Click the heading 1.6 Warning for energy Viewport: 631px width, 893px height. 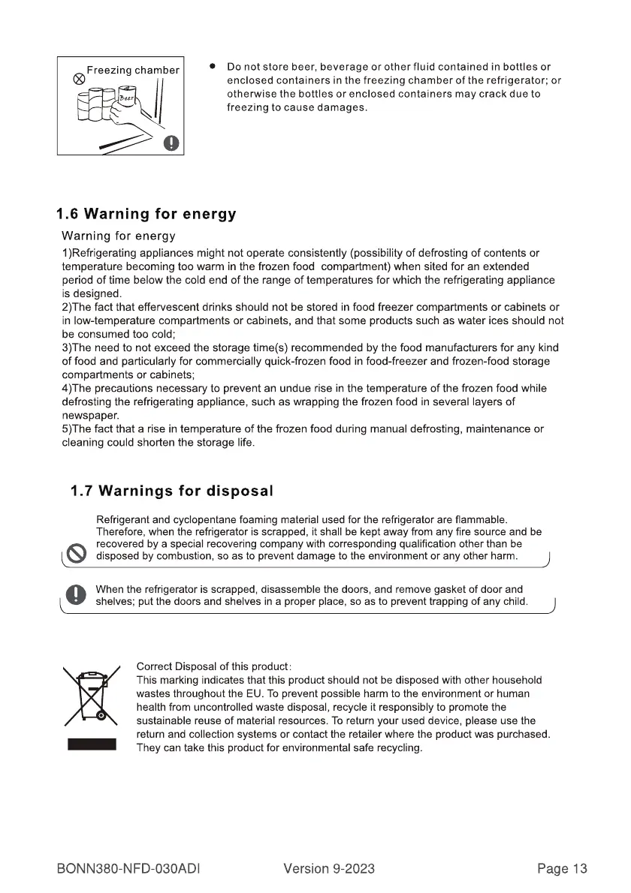click(146, 215)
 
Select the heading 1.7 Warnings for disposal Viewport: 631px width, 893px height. click(171, 492)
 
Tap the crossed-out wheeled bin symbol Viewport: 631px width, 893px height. click(91, 696)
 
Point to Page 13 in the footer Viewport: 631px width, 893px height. click(562, 869)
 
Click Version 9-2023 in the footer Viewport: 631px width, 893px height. click(329, 869)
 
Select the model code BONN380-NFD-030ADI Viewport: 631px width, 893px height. click(131, 869)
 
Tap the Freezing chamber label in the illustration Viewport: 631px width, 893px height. click(133, 71)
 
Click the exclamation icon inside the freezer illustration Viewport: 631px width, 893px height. click(172, 142)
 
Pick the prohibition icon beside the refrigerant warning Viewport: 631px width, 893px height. click(76, 553)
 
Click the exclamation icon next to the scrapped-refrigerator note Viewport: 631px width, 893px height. click(76, 594)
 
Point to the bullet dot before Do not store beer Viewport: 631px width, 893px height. click(213, 67)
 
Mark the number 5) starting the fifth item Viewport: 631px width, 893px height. click(68, 429)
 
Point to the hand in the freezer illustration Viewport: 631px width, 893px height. click(128, 113)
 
